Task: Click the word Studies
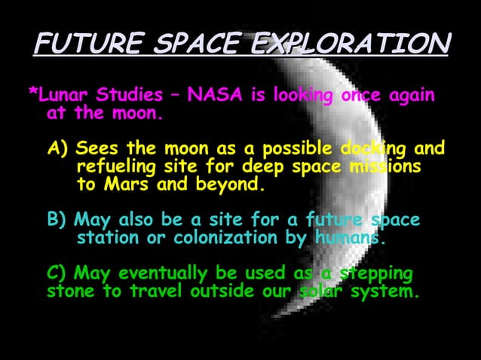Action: (131, 96)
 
